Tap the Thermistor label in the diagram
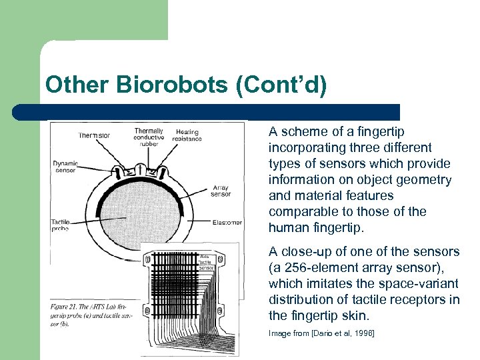coord(94,135)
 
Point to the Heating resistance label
coord(187,135)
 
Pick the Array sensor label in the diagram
coord(221,191)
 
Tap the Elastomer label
coord(228,222)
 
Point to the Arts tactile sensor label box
coord(207,261)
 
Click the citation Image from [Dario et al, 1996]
coord(321,333)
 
